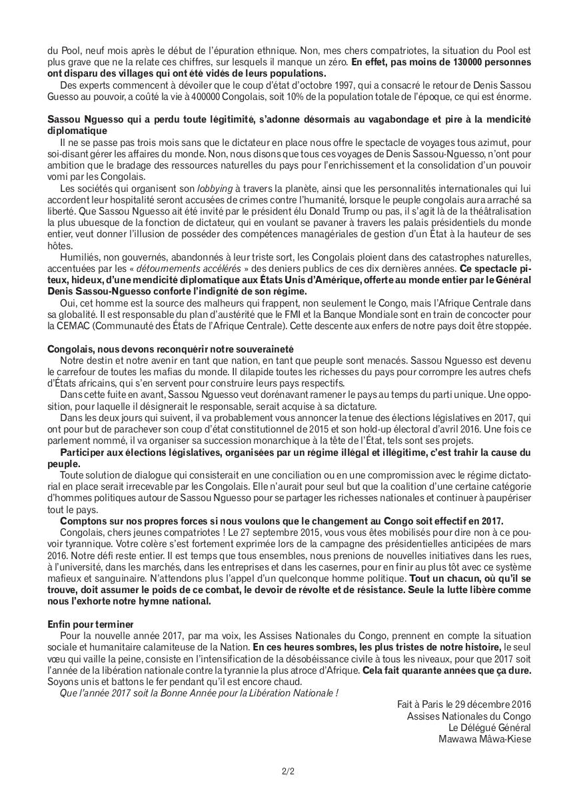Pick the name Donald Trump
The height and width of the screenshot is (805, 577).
point(304,211)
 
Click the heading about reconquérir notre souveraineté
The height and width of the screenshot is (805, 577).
point(171,349)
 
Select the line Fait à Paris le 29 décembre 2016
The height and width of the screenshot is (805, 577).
point(464,704)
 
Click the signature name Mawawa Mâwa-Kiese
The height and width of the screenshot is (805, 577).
point(485,738)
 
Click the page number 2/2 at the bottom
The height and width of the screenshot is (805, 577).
point(288,772)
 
